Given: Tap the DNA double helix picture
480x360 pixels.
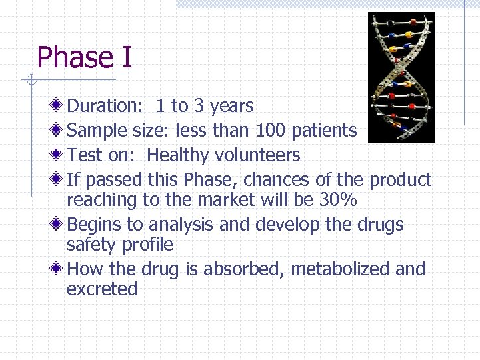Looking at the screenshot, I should point(401,77).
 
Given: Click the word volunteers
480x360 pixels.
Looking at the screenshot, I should point(257,155).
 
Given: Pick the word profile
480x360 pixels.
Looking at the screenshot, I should point(147,245).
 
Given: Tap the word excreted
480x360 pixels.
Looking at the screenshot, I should point(102,289).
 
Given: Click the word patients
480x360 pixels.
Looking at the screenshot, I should point(324,131).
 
